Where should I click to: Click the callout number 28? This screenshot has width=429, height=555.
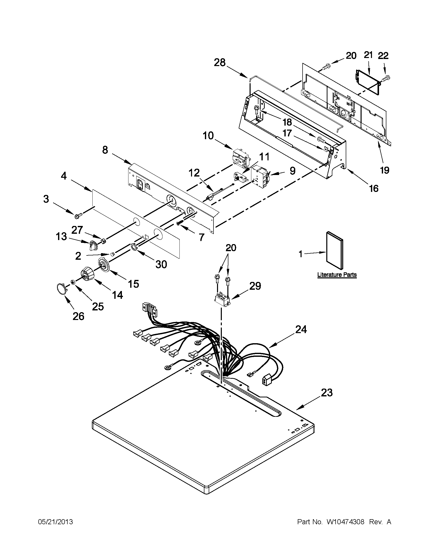tap(220, 62)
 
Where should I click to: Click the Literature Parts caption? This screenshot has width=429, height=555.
tap(337, 275)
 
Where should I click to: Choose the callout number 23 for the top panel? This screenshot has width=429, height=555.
tap(327, 393)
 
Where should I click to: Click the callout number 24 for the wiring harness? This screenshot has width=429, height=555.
tap(301, 330)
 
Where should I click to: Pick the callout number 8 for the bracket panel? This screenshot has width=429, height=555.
tap(105, 150)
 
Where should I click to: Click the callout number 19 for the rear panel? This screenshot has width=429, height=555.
tap(385, 170)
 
